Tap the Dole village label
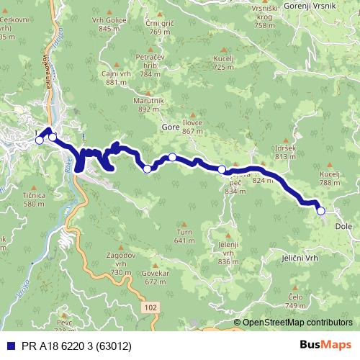[x=343, y=225]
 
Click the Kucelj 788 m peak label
[x=330, y=178]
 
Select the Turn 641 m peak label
[x=184, y=236]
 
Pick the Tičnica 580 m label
[x=35, y=199]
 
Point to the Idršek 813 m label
[x=285, y=151]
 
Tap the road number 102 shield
[x=149, y=307]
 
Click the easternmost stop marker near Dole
[x=321, y=211]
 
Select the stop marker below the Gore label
[x=173, y=157]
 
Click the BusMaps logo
[x=325, y=345]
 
